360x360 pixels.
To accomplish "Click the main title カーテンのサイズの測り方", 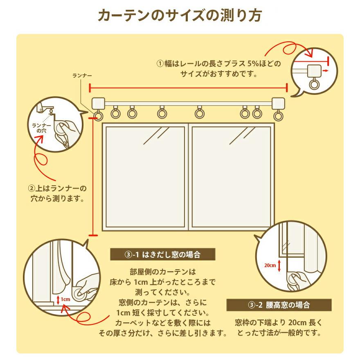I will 180,16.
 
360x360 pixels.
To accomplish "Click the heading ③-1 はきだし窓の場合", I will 163,254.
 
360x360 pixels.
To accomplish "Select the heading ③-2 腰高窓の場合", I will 279,305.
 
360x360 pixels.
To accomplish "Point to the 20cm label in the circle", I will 270,265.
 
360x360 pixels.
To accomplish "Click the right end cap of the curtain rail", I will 278,103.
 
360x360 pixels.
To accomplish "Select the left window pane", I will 145,176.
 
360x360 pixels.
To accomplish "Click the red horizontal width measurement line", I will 188,87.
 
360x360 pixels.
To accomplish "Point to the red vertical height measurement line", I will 93,176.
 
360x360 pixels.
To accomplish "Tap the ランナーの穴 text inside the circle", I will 42,128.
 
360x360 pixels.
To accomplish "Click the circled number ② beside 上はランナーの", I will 32,189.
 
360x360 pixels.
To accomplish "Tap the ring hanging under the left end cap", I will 98,115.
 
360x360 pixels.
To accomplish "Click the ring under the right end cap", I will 278,116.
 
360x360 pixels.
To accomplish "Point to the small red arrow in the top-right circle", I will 325,71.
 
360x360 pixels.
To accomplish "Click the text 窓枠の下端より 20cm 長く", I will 279,322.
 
